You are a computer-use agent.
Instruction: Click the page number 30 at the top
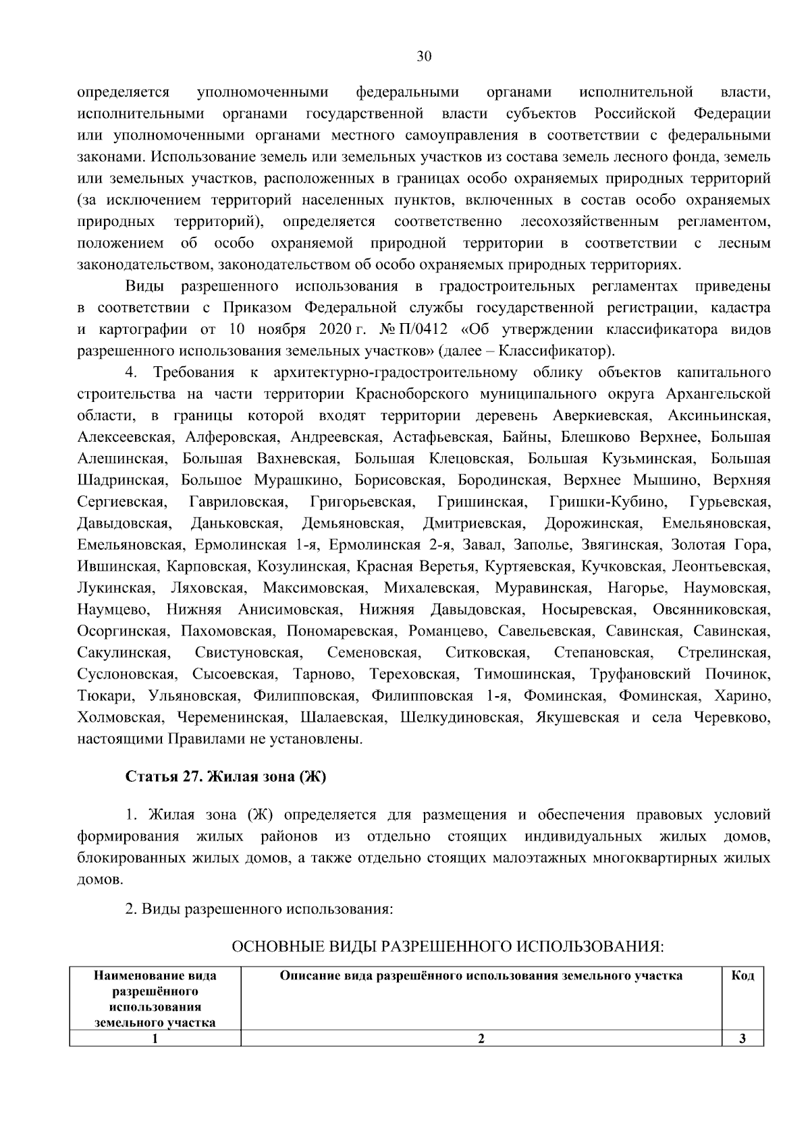pyautogui.click(x=423, y=57)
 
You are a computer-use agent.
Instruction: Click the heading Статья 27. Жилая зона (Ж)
pyautogui.click(x=226, y=776)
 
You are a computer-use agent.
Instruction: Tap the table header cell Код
pyautogui.click(x=742, y=976)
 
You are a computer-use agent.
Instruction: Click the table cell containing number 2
pyautogui.click(x=481, y=1039)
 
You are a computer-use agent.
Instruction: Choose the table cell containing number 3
pyautogui.click(x=742, y=1039)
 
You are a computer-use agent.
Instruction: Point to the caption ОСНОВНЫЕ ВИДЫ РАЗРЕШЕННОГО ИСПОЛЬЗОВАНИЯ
pyautogui.click(x=448, y=947)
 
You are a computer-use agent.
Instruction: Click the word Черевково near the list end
pyautogui.click(x=732, y=718)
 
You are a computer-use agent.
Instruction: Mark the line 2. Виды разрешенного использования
pyautogui.click(x=259, y=909)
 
